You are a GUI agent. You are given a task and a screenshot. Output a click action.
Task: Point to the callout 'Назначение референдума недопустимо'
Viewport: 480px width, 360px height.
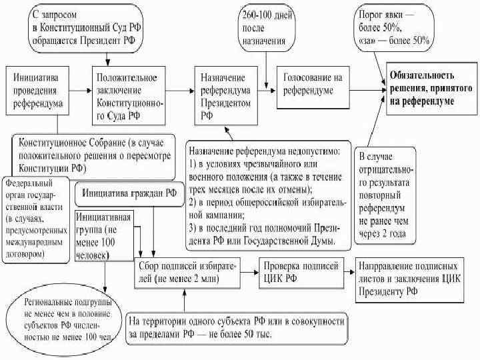[267, 193]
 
